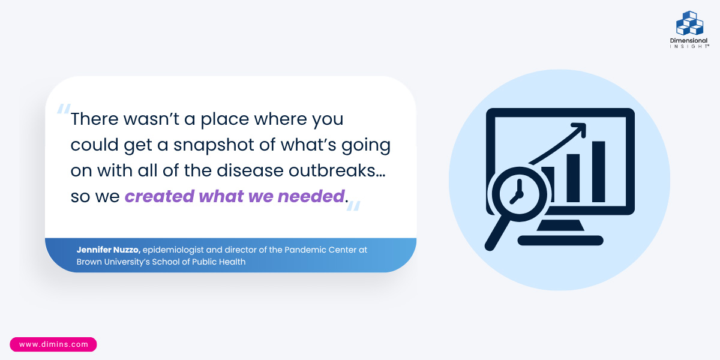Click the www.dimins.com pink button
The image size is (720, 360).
[x=53, y=344]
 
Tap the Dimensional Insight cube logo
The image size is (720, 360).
[x=689, y=23]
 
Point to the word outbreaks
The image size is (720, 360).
[x=337, y=170]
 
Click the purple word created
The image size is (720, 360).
[x=160, y=196]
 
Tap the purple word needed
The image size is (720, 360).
[x=311, y=196]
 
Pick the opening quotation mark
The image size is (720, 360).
[x=64, y=109]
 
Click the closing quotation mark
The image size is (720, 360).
[x=353, y=206]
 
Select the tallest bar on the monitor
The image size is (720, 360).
[x=599, y=172]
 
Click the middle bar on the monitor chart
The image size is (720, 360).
[x=573, y=178]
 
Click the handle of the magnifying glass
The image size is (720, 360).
[x=497, y=235]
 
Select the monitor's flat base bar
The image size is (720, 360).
[x=560, y=241]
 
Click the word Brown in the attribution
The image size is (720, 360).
[x=89, y=262]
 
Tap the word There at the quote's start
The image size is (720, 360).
[x=94, y=119]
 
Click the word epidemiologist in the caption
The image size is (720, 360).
[x=173, y=250]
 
